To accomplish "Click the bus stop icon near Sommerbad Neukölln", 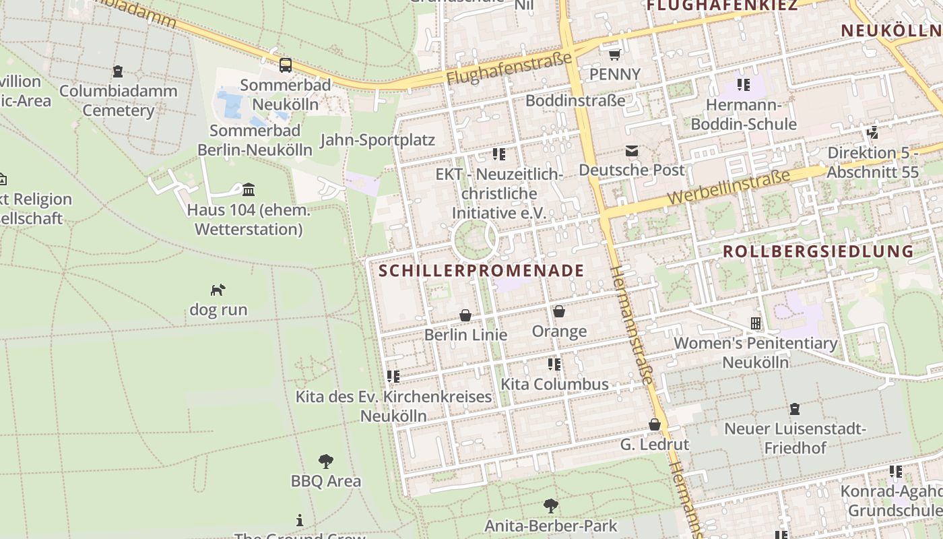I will [x=286, y=65].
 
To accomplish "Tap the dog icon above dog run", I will [x=218, y=290].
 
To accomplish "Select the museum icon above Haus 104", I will [x=249, y=189].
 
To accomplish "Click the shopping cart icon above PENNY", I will [x=614, y=54].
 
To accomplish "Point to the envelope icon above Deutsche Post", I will [x=631, y=151].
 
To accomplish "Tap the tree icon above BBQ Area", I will [x=326, y=462].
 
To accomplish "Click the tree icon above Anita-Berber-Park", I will [x=551, y=505].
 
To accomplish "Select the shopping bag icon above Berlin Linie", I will [x=465, y=315].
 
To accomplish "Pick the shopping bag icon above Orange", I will [x=558, y=311].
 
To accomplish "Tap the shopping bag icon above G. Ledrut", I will [x=654, y=424].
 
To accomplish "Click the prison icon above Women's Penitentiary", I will [x=756, y=323].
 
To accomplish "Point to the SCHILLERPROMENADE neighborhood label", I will [x=482, y=271].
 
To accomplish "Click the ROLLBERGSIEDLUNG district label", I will [x=818, y=252].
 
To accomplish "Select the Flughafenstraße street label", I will [x=509, y=69].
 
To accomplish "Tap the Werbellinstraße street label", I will [x=729, y=188].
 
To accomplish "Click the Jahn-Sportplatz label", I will [x=377, y=140].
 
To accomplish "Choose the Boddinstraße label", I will [x=575, y=100].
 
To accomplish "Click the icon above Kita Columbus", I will [x=554, y=364].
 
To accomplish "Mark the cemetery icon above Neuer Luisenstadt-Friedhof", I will [x=795, y=409].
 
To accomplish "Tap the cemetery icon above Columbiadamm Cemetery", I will [x=118, y=71].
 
